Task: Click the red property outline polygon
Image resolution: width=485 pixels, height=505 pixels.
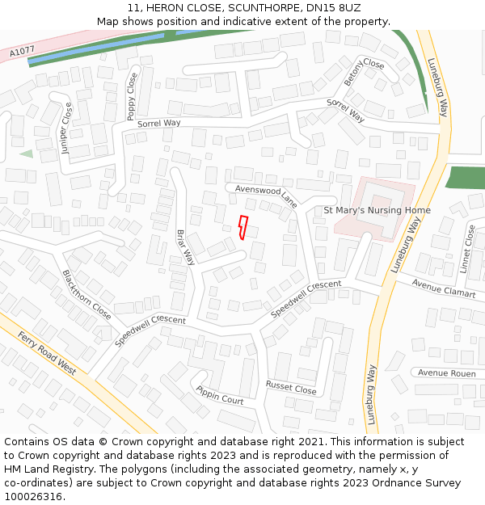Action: click(242, 227)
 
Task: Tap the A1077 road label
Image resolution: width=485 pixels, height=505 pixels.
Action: click(22, 53)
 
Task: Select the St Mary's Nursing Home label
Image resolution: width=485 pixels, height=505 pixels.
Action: click(377, 210)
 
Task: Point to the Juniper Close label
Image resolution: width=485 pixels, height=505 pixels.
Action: click(66, 128)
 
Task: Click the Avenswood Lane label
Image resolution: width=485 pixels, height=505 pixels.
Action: click(266, 196)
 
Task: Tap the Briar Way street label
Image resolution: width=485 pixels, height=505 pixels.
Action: click(186, 246)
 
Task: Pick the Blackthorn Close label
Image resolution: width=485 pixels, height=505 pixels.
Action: click(86, 294)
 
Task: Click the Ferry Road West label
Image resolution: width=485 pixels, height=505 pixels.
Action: click(46, 353)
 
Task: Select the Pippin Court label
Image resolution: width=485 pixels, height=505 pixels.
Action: click(219, 395)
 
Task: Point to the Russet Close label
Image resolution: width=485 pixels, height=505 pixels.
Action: click(291, 388)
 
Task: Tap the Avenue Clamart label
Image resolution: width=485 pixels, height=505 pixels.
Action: click(443, 288)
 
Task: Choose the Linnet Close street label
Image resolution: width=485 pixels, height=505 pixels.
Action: click(469, 248)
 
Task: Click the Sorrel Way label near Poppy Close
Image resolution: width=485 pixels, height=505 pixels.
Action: click(158, 124)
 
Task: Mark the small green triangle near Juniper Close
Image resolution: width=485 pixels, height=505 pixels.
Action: click(27, 154)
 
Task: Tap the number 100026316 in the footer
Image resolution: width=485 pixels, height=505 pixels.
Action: click(34, 497)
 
